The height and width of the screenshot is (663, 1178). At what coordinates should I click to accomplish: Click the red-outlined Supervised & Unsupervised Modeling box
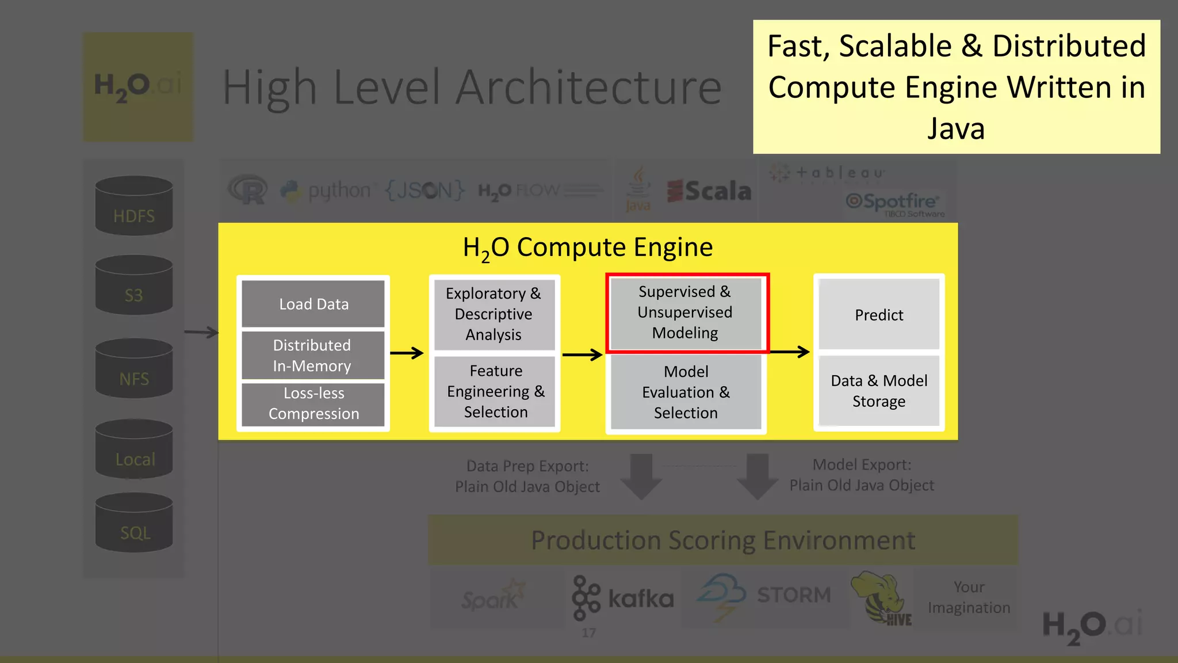pos(687,313)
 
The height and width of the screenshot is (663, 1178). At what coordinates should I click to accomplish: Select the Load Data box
pos(313,304)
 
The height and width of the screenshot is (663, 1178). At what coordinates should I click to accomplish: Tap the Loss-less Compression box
pos(313,403)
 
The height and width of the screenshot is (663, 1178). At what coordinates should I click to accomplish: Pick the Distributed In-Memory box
pos(313,355)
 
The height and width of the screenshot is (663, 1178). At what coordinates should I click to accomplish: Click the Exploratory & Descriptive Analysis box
pos(494,314)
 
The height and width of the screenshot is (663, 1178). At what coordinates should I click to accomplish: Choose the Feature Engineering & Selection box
pos(495,391)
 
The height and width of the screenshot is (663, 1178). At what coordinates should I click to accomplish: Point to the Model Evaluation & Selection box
pos(686,392)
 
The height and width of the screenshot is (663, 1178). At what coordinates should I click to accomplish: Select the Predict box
pos(878,314)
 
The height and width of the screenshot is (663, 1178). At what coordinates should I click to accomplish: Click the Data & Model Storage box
pos(878,391)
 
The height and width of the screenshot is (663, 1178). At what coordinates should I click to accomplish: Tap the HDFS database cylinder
pos(134,205)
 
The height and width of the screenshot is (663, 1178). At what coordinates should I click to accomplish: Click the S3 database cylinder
pos(134,285)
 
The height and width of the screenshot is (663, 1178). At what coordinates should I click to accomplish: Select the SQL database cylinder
pos(134,523)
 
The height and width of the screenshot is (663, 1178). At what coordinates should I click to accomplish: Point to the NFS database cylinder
pos(134,368)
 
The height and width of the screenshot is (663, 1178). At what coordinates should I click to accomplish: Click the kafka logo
pos(622,599)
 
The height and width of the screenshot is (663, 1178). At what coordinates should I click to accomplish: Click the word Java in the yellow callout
pos(956,128)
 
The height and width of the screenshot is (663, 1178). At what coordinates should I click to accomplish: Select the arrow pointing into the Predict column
pos(789,352)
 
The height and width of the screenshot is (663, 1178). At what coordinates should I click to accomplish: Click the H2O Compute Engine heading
pos(587,248)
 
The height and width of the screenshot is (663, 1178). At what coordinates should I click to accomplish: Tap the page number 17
pos(588,633)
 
